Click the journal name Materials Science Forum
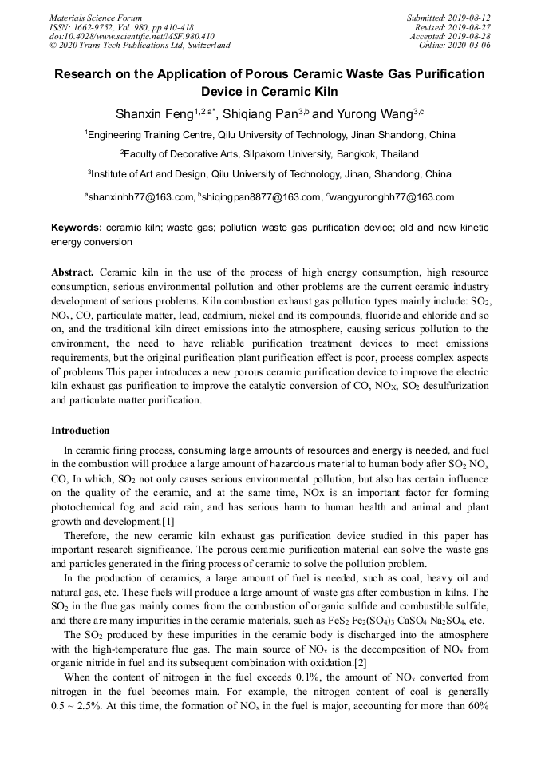click(96, 18)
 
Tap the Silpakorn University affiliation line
click(270, 153)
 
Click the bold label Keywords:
click(77, 228)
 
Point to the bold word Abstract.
click(73, 272)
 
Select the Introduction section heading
click(81, 431)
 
